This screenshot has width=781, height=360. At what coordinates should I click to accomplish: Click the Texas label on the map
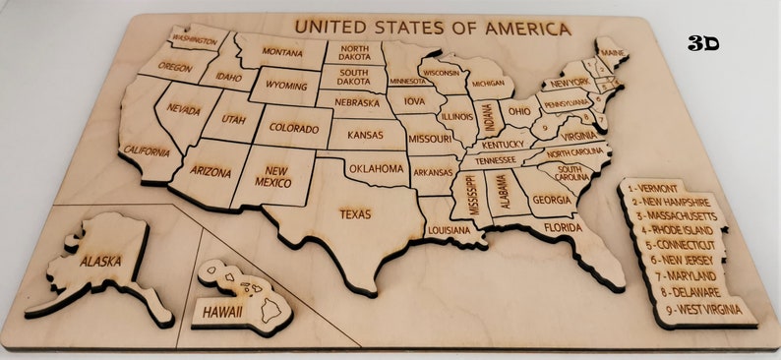(355, 213)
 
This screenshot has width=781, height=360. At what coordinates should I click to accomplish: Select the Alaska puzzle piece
(101, 263)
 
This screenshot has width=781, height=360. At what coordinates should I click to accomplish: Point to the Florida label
(564, 228)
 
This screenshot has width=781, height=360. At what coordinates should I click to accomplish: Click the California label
(146, 151)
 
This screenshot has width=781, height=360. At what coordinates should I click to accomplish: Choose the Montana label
(281, 52)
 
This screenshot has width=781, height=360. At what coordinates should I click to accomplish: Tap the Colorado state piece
(293, 129)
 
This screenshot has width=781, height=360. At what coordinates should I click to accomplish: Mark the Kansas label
(365, 134)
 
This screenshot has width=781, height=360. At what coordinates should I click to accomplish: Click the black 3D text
(703, 43)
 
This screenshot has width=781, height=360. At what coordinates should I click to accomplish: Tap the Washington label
(194, 40)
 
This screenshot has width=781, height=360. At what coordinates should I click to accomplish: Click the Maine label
(612, 53)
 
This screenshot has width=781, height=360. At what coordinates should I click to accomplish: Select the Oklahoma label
(376, 169)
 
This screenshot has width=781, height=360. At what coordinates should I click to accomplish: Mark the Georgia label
(551, 200)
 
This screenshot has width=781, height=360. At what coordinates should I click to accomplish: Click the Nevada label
(184, 109)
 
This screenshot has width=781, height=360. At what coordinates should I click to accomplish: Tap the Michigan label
(488, 83)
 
